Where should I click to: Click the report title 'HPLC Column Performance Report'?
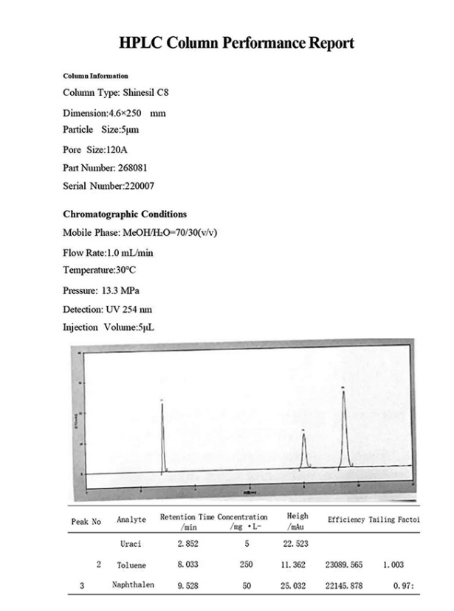[x=236, y=43]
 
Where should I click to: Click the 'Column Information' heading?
[x=95, y=76]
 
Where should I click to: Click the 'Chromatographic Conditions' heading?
[x=124, y=214]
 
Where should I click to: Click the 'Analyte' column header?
[x=131, y=520]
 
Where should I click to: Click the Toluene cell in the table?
[x=131, y=565]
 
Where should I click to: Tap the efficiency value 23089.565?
[x=346, y=565]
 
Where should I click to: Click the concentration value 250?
[x=247, y=565]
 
